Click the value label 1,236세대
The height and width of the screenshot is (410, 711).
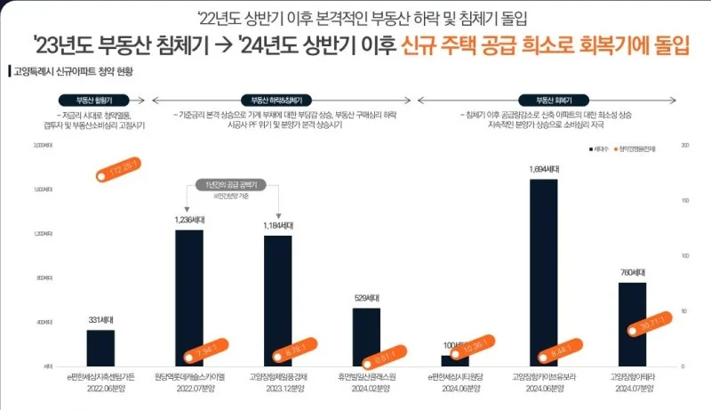[188, 219]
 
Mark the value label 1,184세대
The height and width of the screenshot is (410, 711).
[277, 226]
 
